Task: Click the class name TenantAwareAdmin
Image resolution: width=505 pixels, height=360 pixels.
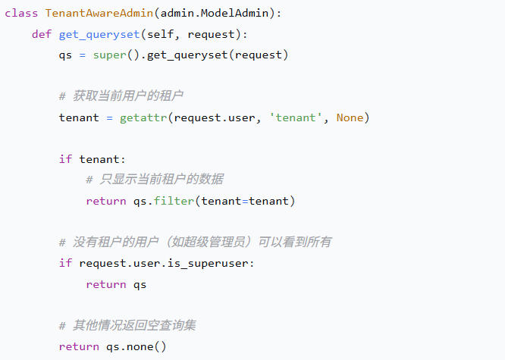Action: coord(96,14)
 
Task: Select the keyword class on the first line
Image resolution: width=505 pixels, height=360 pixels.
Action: coord(21,14)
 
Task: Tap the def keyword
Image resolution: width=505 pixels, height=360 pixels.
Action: coord(42,35)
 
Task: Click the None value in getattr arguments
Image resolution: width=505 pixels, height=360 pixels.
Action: coord(350,117)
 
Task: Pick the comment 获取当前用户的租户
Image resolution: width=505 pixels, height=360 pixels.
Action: coord(121,97)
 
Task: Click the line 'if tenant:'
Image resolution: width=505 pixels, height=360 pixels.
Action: coord(93,159)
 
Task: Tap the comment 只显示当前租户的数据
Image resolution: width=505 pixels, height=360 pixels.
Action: coord(155,180)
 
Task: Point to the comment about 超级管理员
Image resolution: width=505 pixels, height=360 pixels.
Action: coord(195,243)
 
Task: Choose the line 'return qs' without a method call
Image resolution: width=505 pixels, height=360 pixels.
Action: coord(116,284)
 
